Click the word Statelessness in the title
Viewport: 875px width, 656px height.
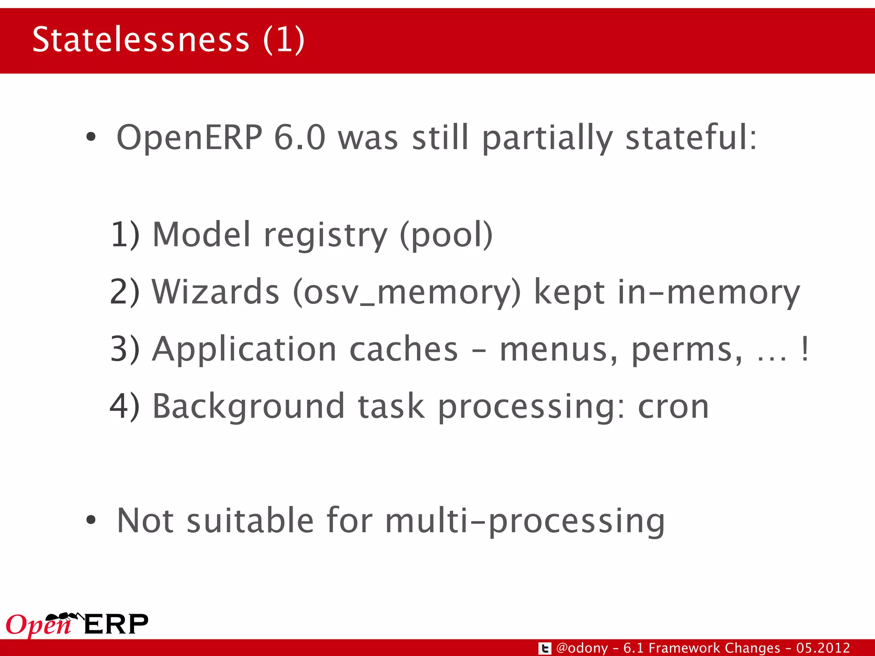(141, 40)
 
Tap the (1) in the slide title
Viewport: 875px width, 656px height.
(284, 40)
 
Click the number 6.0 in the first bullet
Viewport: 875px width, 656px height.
(299, 138)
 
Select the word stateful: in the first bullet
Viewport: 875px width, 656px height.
(691, 138)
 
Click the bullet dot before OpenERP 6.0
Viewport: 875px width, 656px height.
(91, 138)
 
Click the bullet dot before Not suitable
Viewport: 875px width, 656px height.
(91, 520)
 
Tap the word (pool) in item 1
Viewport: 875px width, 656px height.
(446, 235)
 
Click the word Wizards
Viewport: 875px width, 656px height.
(216, 292)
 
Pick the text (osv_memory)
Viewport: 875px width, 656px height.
(407, 293)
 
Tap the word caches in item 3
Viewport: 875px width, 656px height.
(404, 349)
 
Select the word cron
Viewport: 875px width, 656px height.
(673, 406)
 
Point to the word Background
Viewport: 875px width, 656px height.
(248, 407)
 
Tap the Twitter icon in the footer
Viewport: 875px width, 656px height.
(545, 648)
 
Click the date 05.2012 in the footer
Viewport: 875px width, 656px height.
(823, 648)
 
